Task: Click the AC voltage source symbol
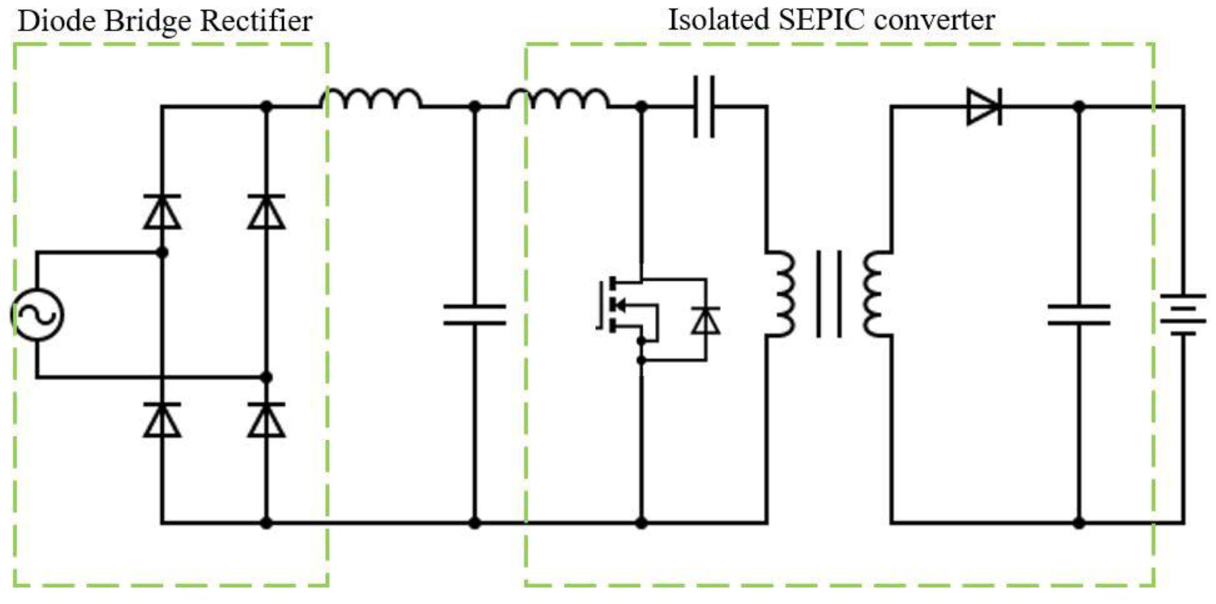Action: click(x=37, y=314)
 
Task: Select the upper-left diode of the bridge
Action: click(x=162, y=212)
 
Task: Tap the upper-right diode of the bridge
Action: click(x=267, y=212)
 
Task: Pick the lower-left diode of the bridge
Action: click(x=162, y=420)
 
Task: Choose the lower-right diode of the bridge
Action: click(x=267, y=420)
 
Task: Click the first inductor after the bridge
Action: click(x=371, y=99)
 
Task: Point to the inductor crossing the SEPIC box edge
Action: click(x=558, y=99)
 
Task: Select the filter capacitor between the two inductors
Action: click(x=474, y=315)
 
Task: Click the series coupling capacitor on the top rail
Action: click(x=704, y=107)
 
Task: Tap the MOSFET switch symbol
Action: click(x=624, y=305)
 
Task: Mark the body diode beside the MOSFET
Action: click(x=706, y=321)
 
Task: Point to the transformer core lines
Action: click(x=828, y=294)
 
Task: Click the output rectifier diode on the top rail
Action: click(x=984, y=107)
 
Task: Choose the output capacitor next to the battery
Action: click(x=1079, y=315)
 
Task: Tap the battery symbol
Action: click(x=1183, y=315)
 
